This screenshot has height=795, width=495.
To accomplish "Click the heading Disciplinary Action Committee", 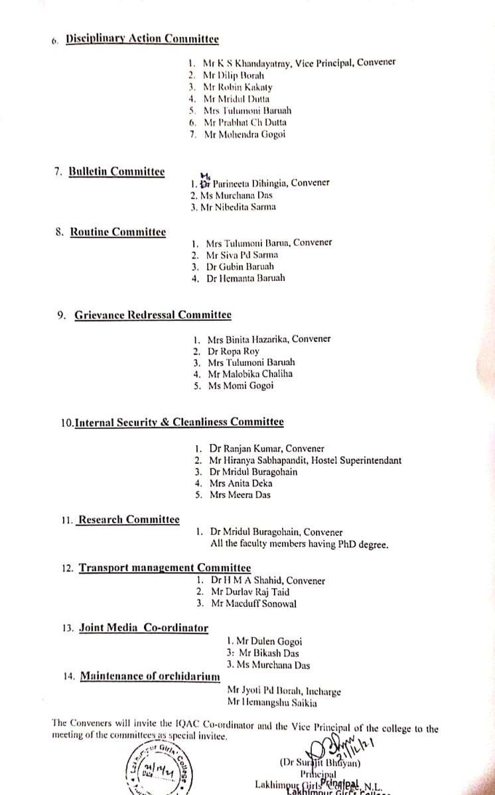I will pos(142,39).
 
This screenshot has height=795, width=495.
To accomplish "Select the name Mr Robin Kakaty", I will pos(238,87).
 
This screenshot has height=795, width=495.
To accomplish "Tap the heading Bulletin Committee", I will pos(117,172).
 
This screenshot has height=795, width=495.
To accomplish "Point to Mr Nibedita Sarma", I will pos(234,207).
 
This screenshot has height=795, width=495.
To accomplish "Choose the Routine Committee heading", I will pos(118,232).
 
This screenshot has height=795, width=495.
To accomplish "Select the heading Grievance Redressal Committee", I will pos(153,315).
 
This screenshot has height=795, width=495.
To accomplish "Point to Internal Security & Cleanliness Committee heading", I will pos(179,422).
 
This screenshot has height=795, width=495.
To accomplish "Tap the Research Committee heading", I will pos(128,520).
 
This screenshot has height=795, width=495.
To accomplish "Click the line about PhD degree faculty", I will pos(299,545).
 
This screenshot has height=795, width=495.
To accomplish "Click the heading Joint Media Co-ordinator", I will pos(143,628).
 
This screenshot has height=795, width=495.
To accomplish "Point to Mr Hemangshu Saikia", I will pos(272,704).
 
